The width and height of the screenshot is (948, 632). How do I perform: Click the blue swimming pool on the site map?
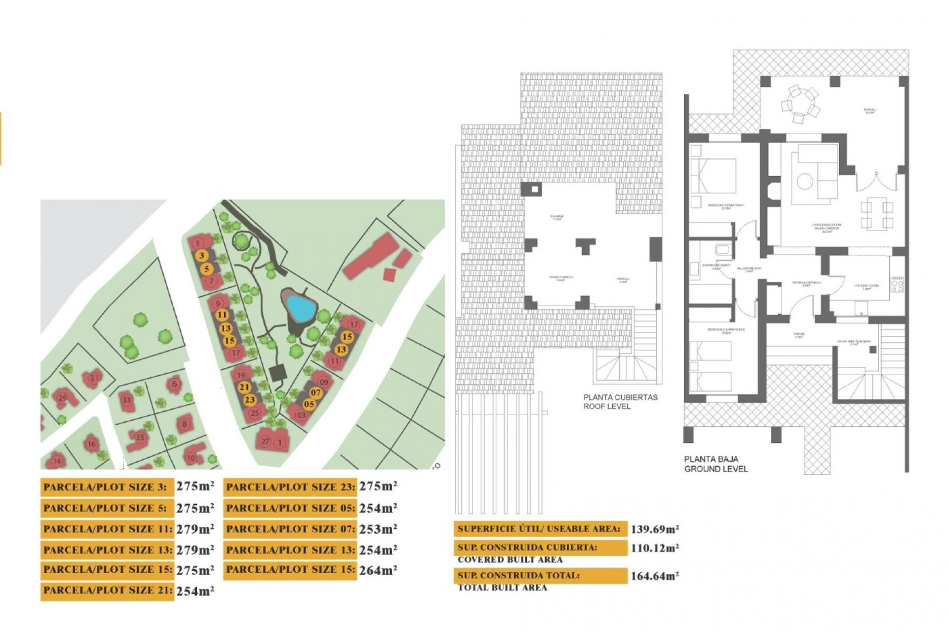[301, 307]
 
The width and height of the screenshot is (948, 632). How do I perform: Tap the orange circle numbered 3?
[201, 255]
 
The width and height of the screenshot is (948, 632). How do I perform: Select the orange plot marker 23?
[250, 400]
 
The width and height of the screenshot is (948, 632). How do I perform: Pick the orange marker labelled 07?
[316, 393]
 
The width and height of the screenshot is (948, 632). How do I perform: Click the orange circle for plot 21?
[244, 387]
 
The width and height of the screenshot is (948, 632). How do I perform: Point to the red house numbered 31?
[93, 378]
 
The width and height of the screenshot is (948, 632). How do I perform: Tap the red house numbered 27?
[265, 441]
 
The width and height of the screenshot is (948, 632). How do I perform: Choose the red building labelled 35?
[140, 437]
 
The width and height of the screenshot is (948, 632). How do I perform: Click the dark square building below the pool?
[277, 373]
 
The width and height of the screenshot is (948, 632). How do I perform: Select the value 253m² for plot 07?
[378, 529]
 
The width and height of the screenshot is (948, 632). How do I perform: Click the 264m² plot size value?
[378, 570]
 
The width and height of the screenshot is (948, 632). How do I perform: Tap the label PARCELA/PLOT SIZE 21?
[107, 591]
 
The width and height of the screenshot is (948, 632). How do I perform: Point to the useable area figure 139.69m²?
[654, 529]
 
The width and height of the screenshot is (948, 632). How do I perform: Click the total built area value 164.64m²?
[654, 576]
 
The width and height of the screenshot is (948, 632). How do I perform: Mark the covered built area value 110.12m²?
[654, 548]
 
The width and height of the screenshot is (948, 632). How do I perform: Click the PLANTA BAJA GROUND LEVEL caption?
[715, 464]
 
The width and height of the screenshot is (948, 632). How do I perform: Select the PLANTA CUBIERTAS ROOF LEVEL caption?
[620, 401]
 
